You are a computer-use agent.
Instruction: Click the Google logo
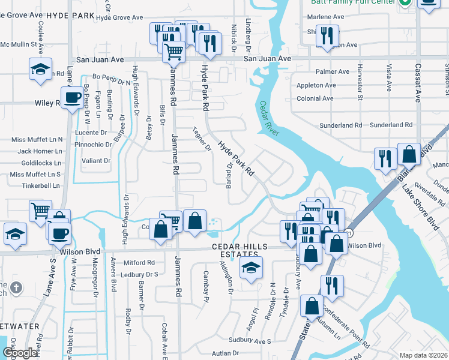(20, 353)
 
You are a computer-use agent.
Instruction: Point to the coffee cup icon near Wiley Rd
(72, 97)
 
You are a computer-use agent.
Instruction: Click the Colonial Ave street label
(315, 99)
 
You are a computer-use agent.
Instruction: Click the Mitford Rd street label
(139, 263)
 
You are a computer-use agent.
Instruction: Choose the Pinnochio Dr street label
(92, 145)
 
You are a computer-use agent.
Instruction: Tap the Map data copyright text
(423, 355)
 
